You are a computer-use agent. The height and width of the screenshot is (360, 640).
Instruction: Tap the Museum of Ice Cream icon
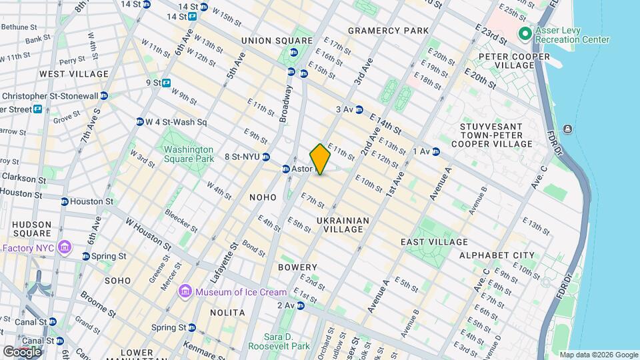(x=185, y=292)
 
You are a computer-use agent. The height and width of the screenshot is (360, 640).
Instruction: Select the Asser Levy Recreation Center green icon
(x=525, y=33)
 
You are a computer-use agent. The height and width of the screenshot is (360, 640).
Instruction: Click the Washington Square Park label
(x=189, y=154)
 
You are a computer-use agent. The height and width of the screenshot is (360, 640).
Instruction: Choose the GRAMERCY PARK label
(x=388, y=31)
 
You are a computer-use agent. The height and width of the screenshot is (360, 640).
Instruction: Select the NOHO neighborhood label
(x=263, y=197)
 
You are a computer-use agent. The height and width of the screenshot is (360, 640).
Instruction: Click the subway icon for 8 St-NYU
(x=265, y=157)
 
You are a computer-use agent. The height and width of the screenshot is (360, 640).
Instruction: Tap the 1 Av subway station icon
(x=436, y=151)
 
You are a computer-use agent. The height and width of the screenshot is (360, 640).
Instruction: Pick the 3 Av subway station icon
(x=359, y=109)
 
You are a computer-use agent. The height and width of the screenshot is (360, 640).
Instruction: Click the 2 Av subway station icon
(x=301, y=305)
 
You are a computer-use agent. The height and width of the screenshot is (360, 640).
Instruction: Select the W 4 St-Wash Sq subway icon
(x=140, y=122)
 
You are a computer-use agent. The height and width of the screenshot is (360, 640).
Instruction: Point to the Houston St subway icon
(x=65, y=201)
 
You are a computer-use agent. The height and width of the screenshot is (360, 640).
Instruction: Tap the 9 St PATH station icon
(x=166, y=83)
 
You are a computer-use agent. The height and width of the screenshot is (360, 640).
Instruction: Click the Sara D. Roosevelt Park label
(x=279, y=341)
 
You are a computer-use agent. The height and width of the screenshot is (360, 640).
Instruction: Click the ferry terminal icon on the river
(x=567, y=129)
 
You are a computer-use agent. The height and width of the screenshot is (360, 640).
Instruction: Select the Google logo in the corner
(x=21, y=351)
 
